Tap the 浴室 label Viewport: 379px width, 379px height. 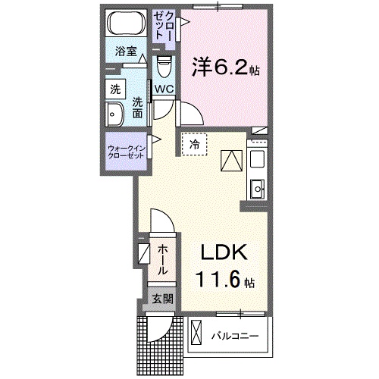[126, 52]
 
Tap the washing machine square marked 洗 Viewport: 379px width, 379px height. [114, 88]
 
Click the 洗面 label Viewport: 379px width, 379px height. [137, 108]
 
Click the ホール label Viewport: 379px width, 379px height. [163, 258]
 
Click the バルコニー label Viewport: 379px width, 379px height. [235, 334]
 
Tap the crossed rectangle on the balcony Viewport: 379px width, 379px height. [196, 334]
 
